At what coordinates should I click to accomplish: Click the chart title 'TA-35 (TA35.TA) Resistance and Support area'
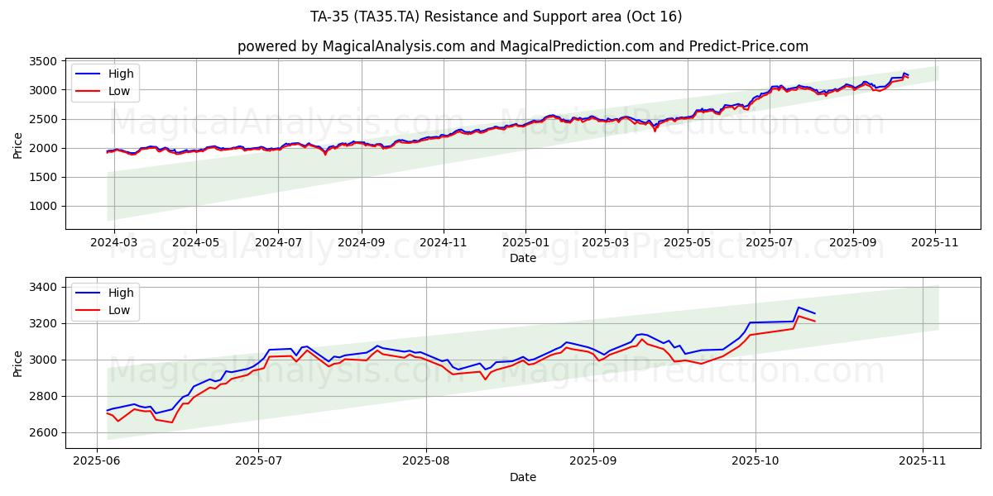tap(496, 17)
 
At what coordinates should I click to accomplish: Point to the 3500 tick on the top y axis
tap(43, 61)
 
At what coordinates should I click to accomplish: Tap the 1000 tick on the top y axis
tap(43, 206)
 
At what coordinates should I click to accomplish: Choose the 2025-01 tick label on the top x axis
tap(525, 244)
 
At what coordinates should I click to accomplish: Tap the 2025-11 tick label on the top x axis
tap(935, 244)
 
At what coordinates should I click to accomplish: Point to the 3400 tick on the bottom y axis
tap(43, 287)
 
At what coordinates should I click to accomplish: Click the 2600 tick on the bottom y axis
tap(43, 432)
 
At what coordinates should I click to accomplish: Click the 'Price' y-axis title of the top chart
tap(18, 144)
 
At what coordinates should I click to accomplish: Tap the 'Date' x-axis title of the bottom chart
tap(522, 477)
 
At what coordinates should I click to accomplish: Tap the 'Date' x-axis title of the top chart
tap(522, 258)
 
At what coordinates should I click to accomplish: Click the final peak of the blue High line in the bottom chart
tap(799, 308)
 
